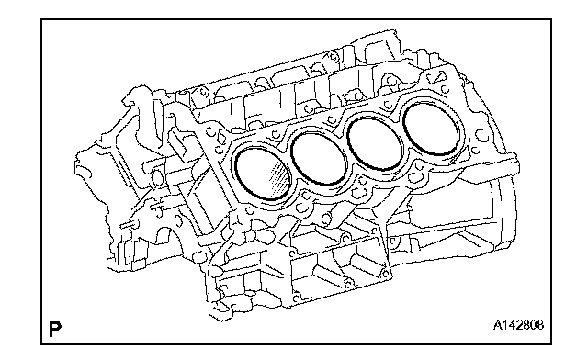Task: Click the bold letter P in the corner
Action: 55,329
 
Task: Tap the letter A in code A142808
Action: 498,325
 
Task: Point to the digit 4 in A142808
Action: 512,325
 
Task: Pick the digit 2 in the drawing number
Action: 518,325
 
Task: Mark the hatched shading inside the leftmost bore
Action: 278,177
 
